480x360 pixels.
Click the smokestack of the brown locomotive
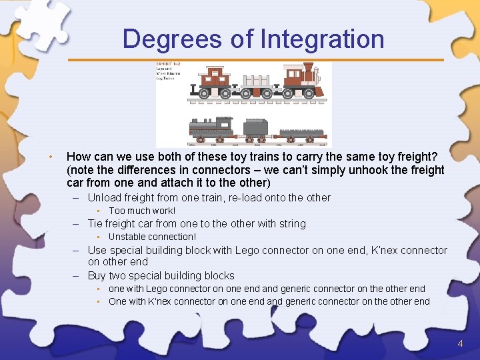(x=309, y=69)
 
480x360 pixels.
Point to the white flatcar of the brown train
(x=257, y=85)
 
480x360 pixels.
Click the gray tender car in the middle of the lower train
(x=255, y=128)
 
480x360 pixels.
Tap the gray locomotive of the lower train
(x=213, y=127)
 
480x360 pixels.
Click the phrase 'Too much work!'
(x=142, y=211)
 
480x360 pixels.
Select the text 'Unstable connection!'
(x=152, y=237)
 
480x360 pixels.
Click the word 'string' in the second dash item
(x=292, y=224)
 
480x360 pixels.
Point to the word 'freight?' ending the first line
(x=415, y=157)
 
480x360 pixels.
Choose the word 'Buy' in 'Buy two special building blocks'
(x=97, y=275)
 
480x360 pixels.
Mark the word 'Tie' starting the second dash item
(x=95, y=224)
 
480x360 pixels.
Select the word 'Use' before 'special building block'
(x=97, y=251)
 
